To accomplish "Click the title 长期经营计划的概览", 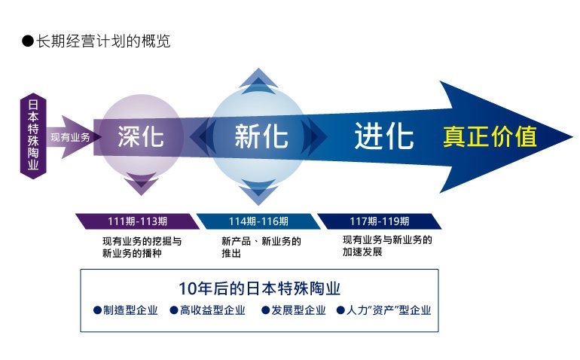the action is pyautogui.click(x=103, y=41).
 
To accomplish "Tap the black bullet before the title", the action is pyautogui.click(x=28, y=41).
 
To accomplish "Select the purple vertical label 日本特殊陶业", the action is pyautogui.click(x=33, y=136).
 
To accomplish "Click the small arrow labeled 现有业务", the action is pyautogui.click(x=73, y=137).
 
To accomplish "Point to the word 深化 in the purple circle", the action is pyautogui.click(x=141, y=136).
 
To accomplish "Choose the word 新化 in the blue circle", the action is pyautogui.click(x=261, y=136).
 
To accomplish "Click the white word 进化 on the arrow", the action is pyautogui.click(x=383, y=136).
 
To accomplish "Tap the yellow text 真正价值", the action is pyautogui.click(x=490, y=136).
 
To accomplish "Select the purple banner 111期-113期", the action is pyautogui.click(x=138, y=221).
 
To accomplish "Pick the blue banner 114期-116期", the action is pyautogui.click(x=258, y=221).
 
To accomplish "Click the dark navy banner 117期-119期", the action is pyautogui.click(x=380, y=221).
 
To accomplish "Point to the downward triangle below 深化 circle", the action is pyautogui.click(x=142, y=184).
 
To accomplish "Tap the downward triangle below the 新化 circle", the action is pyautogui.click(x=258, y=192).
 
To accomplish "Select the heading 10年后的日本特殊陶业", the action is pyautogui.click(x=259, y=288).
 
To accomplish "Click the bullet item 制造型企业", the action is pyautogui.click(x=126, y=310).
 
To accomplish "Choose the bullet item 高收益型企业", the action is pyautogui.click(x=207, y=310).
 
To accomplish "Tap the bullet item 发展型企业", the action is pyautogui.click(x=294, y=310).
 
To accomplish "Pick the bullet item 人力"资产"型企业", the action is pyautogui.click(x=384, y=310).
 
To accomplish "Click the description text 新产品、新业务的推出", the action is pyautogui.click(x=261, y=247).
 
